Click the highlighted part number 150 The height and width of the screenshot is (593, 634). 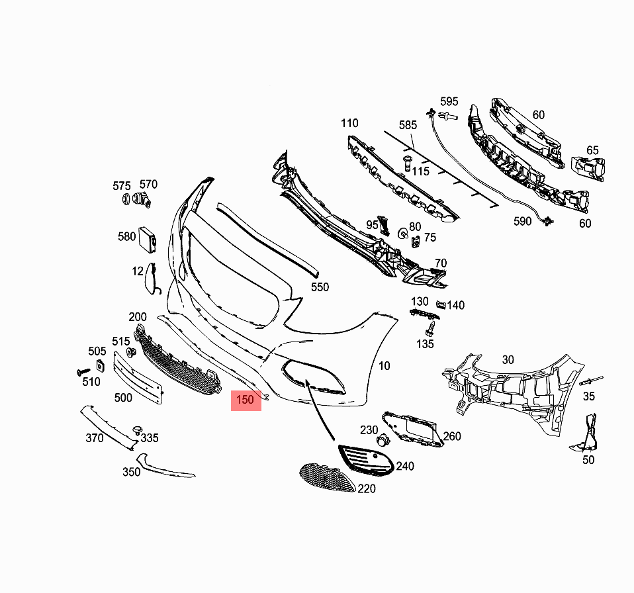tap(245, 400)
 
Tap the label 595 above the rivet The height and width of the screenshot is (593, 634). tap(449, 101)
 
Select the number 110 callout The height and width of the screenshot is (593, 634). tap(349, 123)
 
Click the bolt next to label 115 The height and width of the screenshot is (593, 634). tap(407, 163)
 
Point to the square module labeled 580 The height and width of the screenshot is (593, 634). tap(147, 240)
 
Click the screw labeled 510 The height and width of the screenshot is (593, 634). tap(83, 371)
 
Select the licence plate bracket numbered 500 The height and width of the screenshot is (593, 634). tap(138, 377)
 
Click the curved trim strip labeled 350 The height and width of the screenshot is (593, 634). tap(165, 468)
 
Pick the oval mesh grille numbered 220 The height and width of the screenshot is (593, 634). tap(328, 478)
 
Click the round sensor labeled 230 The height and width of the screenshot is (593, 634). tap(382, 440)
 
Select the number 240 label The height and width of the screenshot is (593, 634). tap(405, 466)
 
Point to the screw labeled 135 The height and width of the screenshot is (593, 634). tap(431, 328)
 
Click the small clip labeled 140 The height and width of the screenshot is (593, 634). tap(441, 304)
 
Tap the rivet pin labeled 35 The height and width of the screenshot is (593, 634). tap(591, 381)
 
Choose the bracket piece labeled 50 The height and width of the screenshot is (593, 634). tap(586, 433)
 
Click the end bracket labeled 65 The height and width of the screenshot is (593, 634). tap(588, 168)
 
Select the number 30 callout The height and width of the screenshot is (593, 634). tap(508, 360)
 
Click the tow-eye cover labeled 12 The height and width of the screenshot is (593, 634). tap(150, 279)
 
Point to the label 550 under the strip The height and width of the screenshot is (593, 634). tap(320, 287)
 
